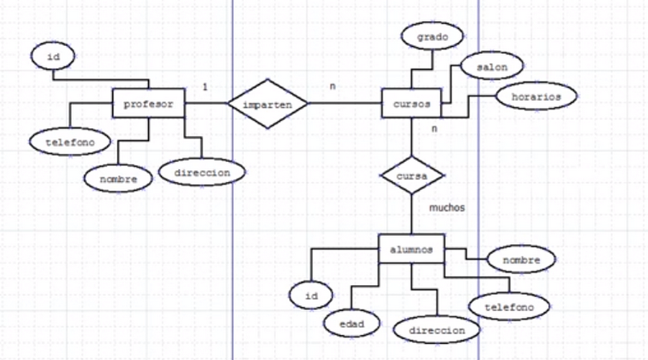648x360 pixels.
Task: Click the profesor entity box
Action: click(149, 104)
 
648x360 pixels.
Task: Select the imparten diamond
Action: click(267, 105)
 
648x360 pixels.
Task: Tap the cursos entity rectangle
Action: click(411, 105)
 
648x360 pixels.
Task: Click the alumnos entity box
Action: click(412, 250)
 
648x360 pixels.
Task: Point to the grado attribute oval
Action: click(434, 37)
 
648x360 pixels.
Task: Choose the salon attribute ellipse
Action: click(492, 68)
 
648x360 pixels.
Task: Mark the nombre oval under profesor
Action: click(118, 178)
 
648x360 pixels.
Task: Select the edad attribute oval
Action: click(351, 323)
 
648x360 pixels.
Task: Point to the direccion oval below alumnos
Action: click(436, 329)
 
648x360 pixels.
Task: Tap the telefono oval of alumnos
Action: click(509, 307)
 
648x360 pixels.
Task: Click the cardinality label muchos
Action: click(447, 207)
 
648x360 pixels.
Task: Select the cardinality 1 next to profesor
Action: click(205, 85)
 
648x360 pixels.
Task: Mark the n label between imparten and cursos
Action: click(333, 85)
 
